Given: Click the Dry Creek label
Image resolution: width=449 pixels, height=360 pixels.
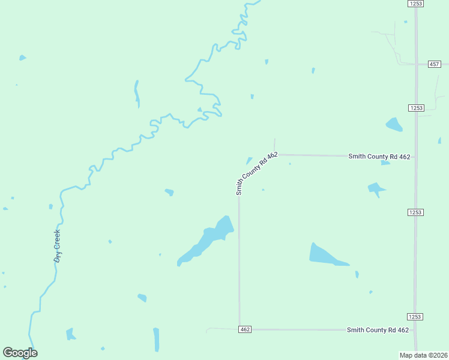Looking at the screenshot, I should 58,247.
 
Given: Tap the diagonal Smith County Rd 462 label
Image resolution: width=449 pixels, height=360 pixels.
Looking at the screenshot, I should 256,173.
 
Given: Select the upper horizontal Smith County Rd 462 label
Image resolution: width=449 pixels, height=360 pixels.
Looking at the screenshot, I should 379,157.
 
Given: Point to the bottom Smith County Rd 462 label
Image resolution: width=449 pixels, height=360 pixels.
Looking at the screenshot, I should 378,330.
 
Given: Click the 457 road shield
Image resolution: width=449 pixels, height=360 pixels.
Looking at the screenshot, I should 435,64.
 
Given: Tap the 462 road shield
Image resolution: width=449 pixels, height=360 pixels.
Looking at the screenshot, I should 244,329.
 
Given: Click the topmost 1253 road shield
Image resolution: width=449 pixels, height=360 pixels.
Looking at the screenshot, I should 416,4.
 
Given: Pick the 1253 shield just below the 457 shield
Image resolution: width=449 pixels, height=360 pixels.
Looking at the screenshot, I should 417,108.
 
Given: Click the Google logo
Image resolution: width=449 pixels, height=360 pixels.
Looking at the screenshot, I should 20,353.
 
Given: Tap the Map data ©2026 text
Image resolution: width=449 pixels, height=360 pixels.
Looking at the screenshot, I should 424,355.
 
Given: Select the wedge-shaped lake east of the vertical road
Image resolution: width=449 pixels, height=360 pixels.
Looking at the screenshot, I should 324,255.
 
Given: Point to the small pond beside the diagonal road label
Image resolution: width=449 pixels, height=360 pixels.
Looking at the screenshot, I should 249,160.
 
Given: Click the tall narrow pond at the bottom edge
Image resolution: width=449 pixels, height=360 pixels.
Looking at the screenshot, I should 157,339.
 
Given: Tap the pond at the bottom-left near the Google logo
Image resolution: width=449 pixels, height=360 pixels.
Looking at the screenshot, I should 70,334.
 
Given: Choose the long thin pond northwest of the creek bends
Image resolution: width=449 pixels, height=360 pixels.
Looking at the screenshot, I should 137,93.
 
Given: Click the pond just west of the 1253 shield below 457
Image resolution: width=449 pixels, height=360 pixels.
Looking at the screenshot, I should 394,125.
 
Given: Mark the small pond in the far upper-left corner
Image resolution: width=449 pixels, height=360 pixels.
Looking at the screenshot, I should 22,58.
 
